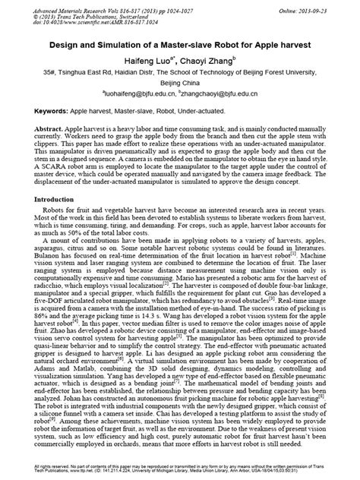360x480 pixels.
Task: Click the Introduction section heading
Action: [39, 198]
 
